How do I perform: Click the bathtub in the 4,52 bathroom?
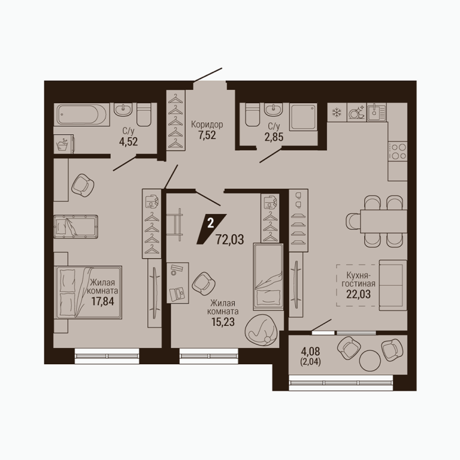81,115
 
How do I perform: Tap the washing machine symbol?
63,144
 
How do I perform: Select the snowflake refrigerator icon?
337,112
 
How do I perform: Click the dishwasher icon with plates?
356,112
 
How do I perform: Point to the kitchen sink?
377,112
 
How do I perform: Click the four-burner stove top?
398,151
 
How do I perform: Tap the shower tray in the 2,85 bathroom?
303,117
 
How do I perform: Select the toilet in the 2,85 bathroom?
253,115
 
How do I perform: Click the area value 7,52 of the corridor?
207,135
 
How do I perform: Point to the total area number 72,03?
230,240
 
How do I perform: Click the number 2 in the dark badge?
210,223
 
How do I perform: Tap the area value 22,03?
358,294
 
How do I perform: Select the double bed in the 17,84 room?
87,292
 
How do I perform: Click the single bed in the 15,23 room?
268,277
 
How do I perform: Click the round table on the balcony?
370,361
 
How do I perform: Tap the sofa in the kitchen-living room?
393,285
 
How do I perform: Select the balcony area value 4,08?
310,351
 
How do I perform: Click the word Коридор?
207,125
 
